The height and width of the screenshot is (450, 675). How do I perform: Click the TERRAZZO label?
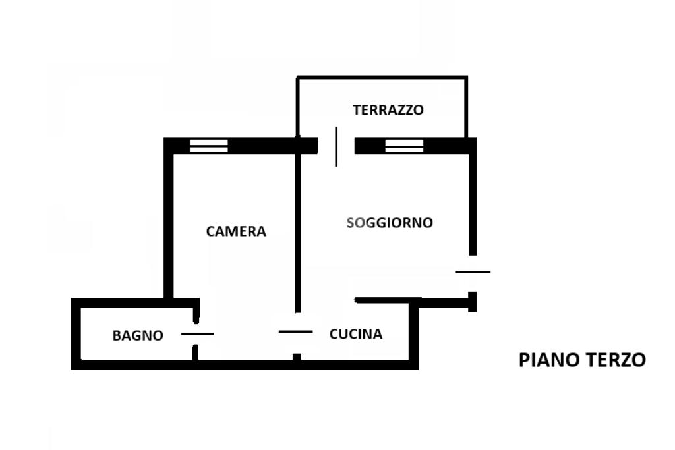point(388,110)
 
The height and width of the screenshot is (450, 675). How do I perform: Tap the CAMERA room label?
point(236,231)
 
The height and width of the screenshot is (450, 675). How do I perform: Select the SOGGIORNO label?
point(390,223)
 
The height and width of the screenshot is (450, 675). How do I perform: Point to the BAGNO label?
point(138,335)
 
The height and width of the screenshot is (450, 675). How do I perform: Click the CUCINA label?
point(355,334)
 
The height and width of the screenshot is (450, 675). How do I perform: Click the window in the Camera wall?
point(209,146)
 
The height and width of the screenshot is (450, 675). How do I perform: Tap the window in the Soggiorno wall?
point(404,146)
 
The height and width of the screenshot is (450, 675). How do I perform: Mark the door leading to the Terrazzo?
point(336,146)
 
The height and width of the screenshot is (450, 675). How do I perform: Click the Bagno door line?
point(198,334)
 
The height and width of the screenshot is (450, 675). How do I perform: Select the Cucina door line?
point(296,331)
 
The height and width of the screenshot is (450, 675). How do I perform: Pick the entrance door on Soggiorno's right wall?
point(473,272)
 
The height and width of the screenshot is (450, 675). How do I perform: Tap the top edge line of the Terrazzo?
point(382,78)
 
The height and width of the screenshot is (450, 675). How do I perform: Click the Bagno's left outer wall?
point(76,333)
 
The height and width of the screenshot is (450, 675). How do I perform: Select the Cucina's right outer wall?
point(413,334)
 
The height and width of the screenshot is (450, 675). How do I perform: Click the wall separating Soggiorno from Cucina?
point(388,300)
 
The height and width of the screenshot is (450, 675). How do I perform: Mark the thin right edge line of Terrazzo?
point(466,107)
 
